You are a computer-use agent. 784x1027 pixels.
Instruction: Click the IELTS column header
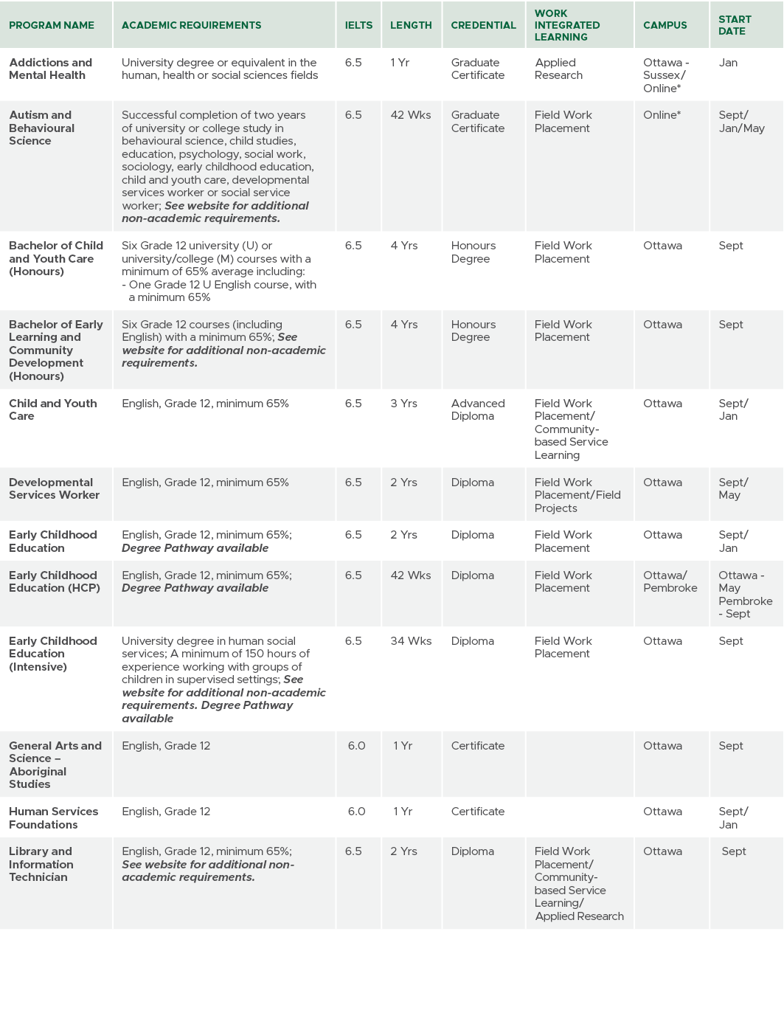pos(358,25)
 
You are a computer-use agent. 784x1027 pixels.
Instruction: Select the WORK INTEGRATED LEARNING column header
pos(566,25)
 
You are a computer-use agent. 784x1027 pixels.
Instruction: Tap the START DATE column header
pos(735,25)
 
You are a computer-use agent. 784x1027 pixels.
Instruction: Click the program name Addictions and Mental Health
pos(51,69)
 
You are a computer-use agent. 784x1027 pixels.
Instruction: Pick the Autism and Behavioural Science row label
pos(41,128)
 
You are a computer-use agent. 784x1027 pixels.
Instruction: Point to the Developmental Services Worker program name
pos(54,488)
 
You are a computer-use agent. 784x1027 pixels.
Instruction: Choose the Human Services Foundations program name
pos(53,817)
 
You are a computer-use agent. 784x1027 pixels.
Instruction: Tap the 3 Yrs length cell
pos(403,404)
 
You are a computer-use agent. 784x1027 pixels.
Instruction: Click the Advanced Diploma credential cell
pos(478,409)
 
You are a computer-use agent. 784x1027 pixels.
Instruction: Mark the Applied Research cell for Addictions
pos(558,69)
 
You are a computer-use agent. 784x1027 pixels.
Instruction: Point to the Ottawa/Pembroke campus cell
pos(670,581)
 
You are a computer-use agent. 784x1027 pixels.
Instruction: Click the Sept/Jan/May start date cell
pos(741,122)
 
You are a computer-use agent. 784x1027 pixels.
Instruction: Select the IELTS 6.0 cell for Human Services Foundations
pos(356,812)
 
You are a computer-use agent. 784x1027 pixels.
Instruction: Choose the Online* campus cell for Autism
pos(662,115)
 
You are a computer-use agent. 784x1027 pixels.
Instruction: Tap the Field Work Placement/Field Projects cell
pos(577,495)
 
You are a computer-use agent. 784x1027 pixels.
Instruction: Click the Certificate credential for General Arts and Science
pos(478,746)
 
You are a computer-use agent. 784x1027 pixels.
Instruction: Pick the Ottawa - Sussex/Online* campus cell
pos(665,75)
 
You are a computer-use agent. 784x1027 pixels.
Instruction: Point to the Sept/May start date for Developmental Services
pos(733,488)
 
